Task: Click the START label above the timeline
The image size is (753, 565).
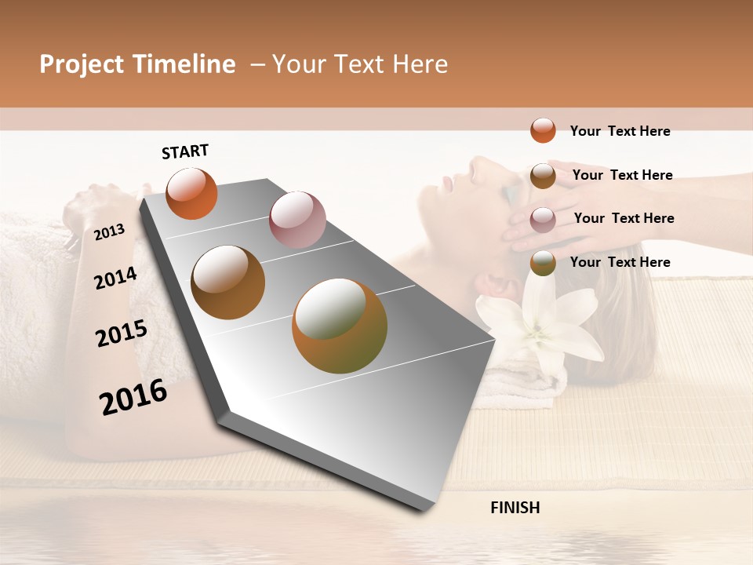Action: pos(185,151)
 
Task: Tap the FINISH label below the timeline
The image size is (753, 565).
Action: pos(515,508)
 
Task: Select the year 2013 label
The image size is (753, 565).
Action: pos(110,231)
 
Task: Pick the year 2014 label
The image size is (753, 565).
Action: pos(116,278)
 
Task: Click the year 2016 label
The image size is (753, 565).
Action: pos(133,397)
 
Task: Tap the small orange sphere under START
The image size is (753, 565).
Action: pos(191,193)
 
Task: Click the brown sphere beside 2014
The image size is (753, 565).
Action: pos(227,282)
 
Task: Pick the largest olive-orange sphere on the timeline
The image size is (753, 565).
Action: pos(340,326)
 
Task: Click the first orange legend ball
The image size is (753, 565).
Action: pos(543,130)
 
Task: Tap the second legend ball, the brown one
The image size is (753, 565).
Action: pos(543,175)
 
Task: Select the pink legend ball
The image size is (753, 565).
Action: pos(543,219)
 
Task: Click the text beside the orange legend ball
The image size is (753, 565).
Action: pos(620,131)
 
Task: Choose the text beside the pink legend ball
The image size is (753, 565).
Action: pos(624,218)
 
